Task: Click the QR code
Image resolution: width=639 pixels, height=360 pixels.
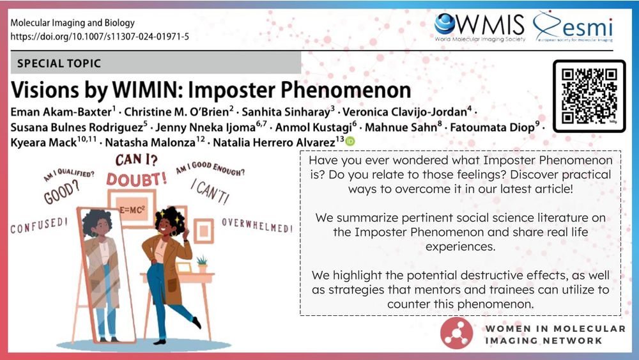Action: coord(589,96)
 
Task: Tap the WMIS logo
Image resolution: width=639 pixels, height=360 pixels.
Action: coord(479,27)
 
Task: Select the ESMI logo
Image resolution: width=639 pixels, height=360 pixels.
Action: coord(574,27)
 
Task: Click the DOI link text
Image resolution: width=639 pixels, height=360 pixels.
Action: coord(100,36)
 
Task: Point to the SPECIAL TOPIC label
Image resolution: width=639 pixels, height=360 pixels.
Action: coord(59,64)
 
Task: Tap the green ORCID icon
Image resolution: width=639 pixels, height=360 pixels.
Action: coord(350,141)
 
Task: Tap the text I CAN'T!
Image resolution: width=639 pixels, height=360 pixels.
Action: coord(210,189)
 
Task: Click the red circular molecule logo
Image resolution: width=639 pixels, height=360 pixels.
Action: coord(458,334)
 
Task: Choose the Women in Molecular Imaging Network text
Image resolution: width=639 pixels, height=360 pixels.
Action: coord(555,334)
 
